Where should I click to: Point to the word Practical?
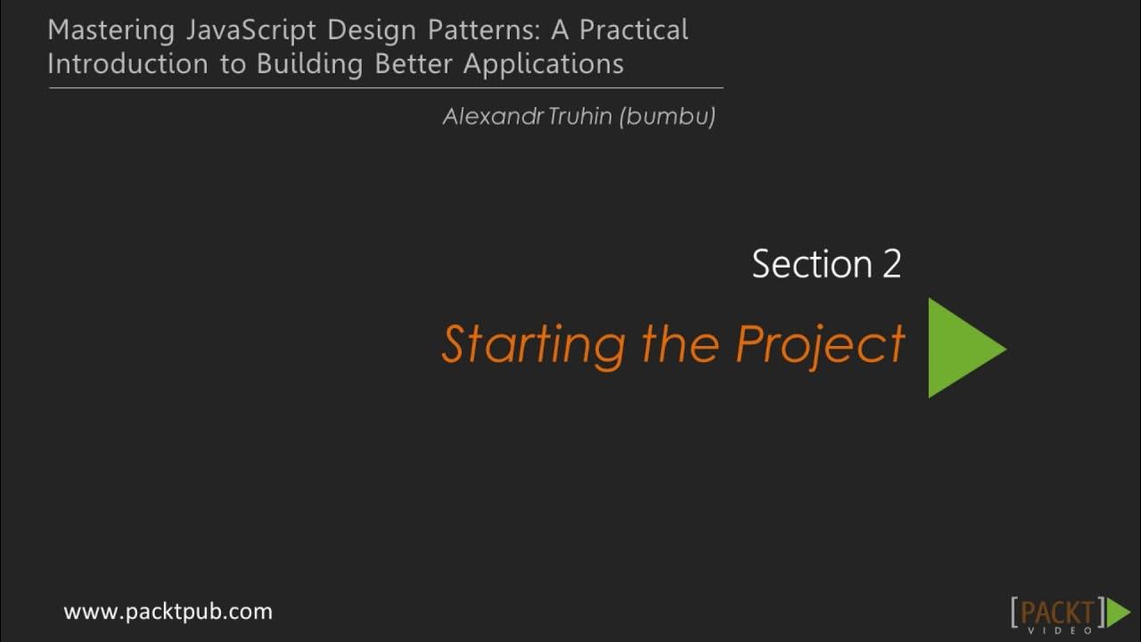coord(634,30)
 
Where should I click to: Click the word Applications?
coord(543,65)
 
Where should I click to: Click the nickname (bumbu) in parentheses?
coord(669,117)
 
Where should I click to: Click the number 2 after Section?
coord(891,265)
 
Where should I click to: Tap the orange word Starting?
coord(532,345)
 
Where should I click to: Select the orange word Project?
coord(820,345)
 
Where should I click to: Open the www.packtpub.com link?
coord(168,612)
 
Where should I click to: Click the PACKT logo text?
coord(1057,611)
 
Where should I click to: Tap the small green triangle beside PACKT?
coord(1118,613)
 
